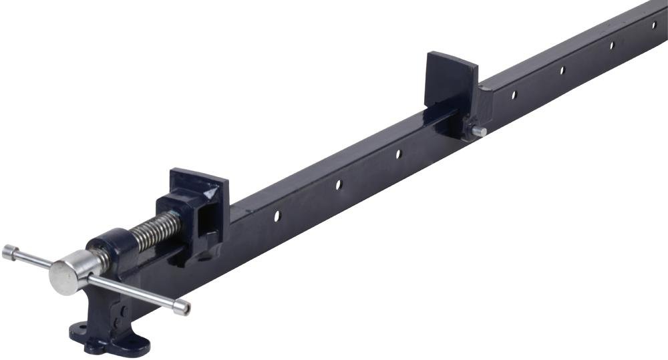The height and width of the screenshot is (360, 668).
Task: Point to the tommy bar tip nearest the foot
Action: point(181,308)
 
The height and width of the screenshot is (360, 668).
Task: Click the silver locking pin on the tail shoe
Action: point(478,132)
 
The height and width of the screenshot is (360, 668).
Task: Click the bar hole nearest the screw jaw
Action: point(277,216)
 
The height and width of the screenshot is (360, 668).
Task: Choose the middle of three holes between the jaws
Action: point(339,184)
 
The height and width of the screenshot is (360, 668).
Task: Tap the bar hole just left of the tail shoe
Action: point(398,154)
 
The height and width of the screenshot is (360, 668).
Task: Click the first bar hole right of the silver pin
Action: point(514,95)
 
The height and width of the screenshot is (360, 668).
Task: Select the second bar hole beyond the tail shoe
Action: point(562,69)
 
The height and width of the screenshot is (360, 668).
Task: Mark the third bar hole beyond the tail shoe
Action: point(611,45)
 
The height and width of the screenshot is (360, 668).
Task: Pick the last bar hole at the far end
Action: point(654,25)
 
